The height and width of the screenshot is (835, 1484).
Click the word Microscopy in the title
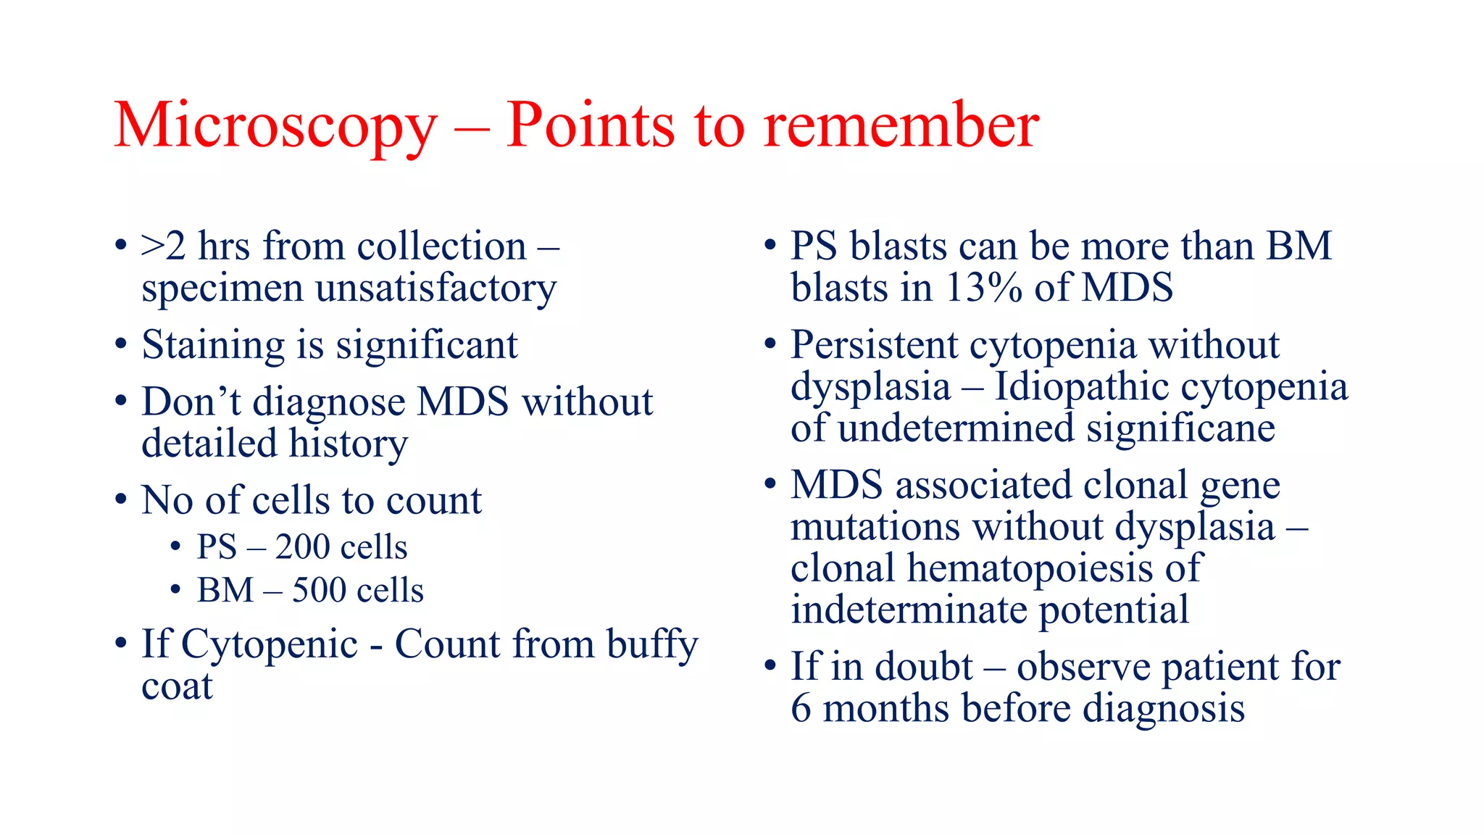click(275, 127)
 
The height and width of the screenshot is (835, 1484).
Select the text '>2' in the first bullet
click(164, 246)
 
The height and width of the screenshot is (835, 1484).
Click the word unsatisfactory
click(435, 289)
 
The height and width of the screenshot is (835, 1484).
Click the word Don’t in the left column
click(191, 402)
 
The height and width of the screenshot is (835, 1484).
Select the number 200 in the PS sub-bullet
click(303, 547)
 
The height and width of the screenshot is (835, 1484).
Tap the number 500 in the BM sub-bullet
click(320, 590)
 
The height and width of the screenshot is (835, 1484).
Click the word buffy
click(651, 645)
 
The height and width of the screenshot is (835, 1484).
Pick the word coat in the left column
click(177, 686)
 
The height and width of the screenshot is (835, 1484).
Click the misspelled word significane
click(1180, 428)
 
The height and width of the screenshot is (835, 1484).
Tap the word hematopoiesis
click(1030, 568)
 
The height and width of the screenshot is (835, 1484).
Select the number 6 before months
click(801, 708)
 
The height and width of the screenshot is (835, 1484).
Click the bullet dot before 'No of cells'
click(121, 499)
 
